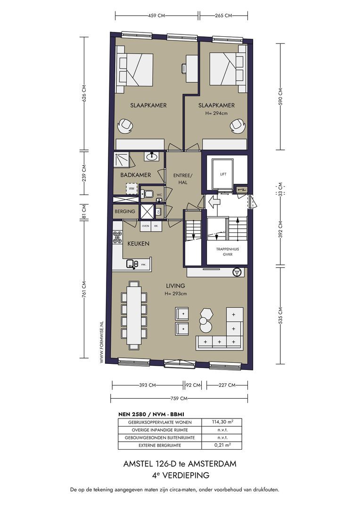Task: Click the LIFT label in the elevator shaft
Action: click(223, 174)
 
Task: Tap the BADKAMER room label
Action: click(136, 175)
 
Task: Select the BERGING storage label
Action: click(125, 211)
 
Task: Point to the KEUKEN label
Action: click(138, 244)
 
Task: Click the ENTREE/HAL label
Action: click(183, 179)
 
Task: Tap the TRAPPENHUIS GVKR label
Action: click(228, 252)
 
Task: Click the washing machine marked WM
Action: click(131, 188)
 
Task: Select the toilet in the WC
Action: click(147, 194)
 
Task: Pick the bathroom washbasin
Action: click(152, 157)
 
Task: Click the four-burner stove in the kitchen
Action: click(117, 238)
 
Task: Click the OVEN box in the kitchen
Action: click(146, 226)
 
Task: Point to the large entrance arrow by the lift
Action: click(214, 202)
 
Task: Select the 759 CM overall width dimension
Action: click(179, 398)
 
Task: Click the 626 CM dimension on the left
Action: click(84, 93)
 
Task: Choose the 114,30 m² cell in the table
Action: click(222, 422)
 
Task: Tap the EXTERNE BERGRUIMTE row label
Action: click(159, 445)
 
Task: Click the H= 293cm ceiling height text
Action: click(176, 294)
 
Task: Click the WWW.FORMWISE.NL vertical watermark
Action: click(102, 342)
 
